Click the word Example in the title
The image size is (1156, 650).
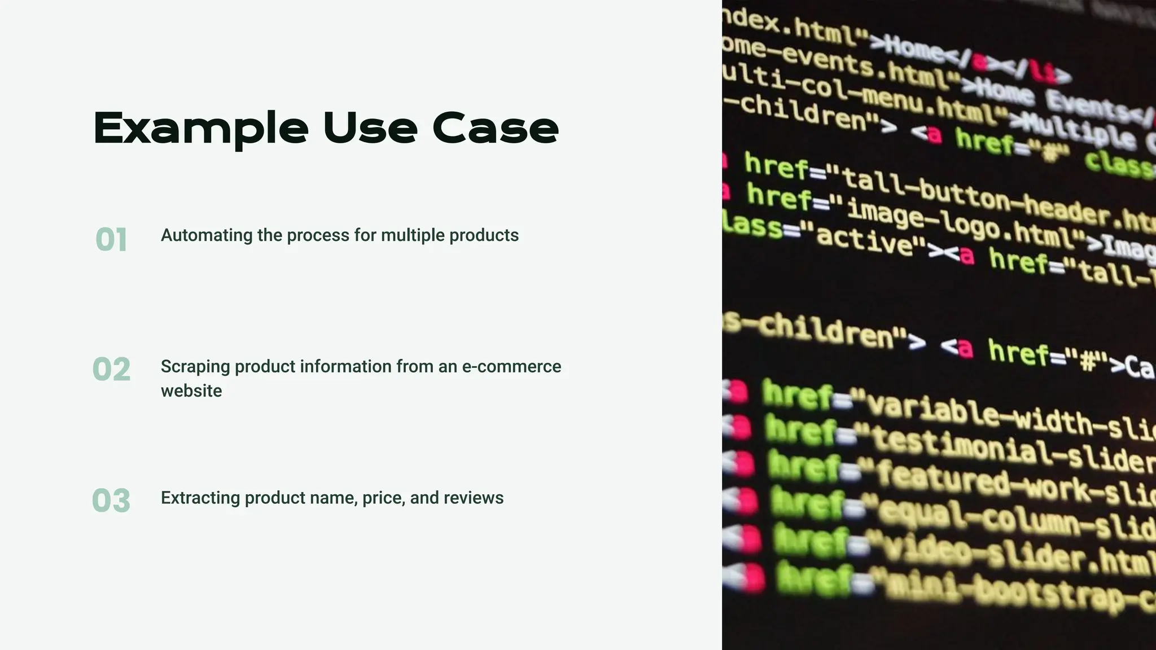click(201, 129)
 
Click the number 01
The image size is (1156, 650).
click(111, 239)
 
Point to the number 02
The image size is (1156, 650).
click(111, 370)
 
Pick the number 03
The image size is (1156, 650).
click(111, 500)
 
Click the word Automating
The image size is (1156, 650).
click(207, 235)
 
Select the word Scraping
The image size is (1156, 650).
click(195, 367)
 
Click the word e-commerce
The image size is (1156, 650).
click(511, 367)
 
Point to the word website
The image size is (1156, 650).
click(191, 390)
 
